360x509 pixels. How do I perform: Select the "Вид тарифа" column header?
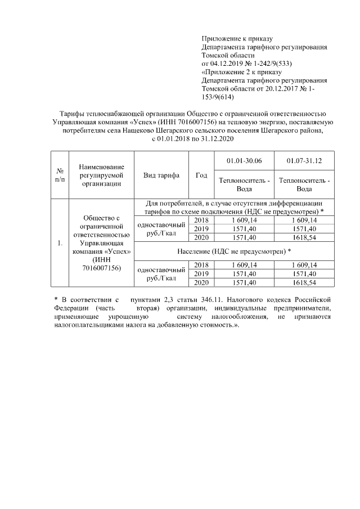[x=161, y=175]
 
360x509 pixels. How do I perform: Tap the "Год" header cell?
[x=201, y=175]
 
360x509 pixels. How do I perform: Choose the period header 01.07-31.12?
[x=304, y=161]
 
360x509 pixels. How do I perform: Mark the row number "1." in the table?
[x=60, y=243]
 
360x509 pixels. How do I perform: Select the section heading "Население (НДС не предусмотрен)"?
[x=233, y=251]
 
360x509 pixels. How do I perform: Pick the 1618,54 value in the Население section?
[x=304, y=282]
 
